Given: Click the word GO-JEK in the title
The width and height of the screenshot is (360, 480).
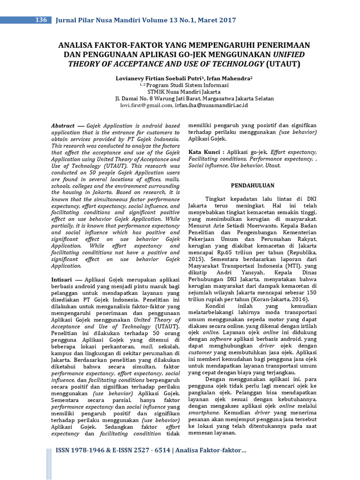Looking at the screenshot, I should (211, 54).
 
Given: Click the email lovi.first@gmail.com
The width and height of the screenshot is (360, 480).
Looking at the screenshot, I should (146, 106).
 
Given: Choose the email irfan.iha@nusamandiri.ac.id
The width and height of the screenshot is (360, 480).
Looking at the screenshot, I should (211, 106).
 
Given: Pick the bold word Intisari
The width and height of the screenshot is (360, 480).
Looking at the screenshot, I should (61, 278).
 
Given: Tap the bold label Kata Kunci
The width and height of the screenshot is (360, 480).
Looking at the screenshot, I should (204, 152).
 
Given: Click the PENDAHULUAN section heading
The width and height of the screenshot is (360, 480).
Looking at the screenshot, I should (252, 186).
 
